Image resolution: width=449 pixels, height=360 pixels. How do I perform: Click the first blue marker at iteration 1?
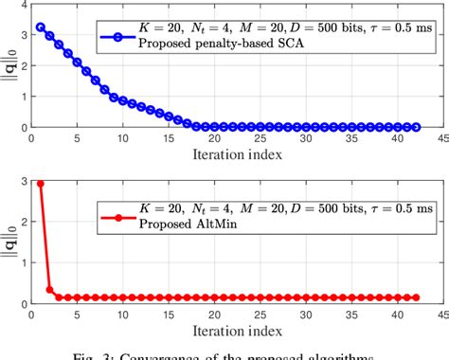point(39,27)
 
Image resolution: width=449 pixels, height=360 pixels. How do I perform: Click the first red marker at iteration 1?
point(39,184)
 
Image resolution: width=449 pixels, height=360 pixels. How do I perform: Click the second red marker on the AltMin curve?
point(48,290)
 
